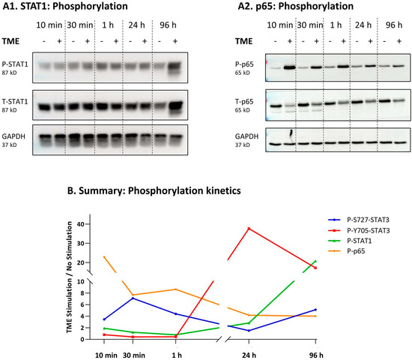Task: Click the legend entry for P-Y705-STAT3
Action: tap(368, 229)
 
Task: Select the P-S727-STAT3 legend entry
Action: tap(368, 218)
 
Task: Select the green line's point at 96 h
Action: tap(315, 261)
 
